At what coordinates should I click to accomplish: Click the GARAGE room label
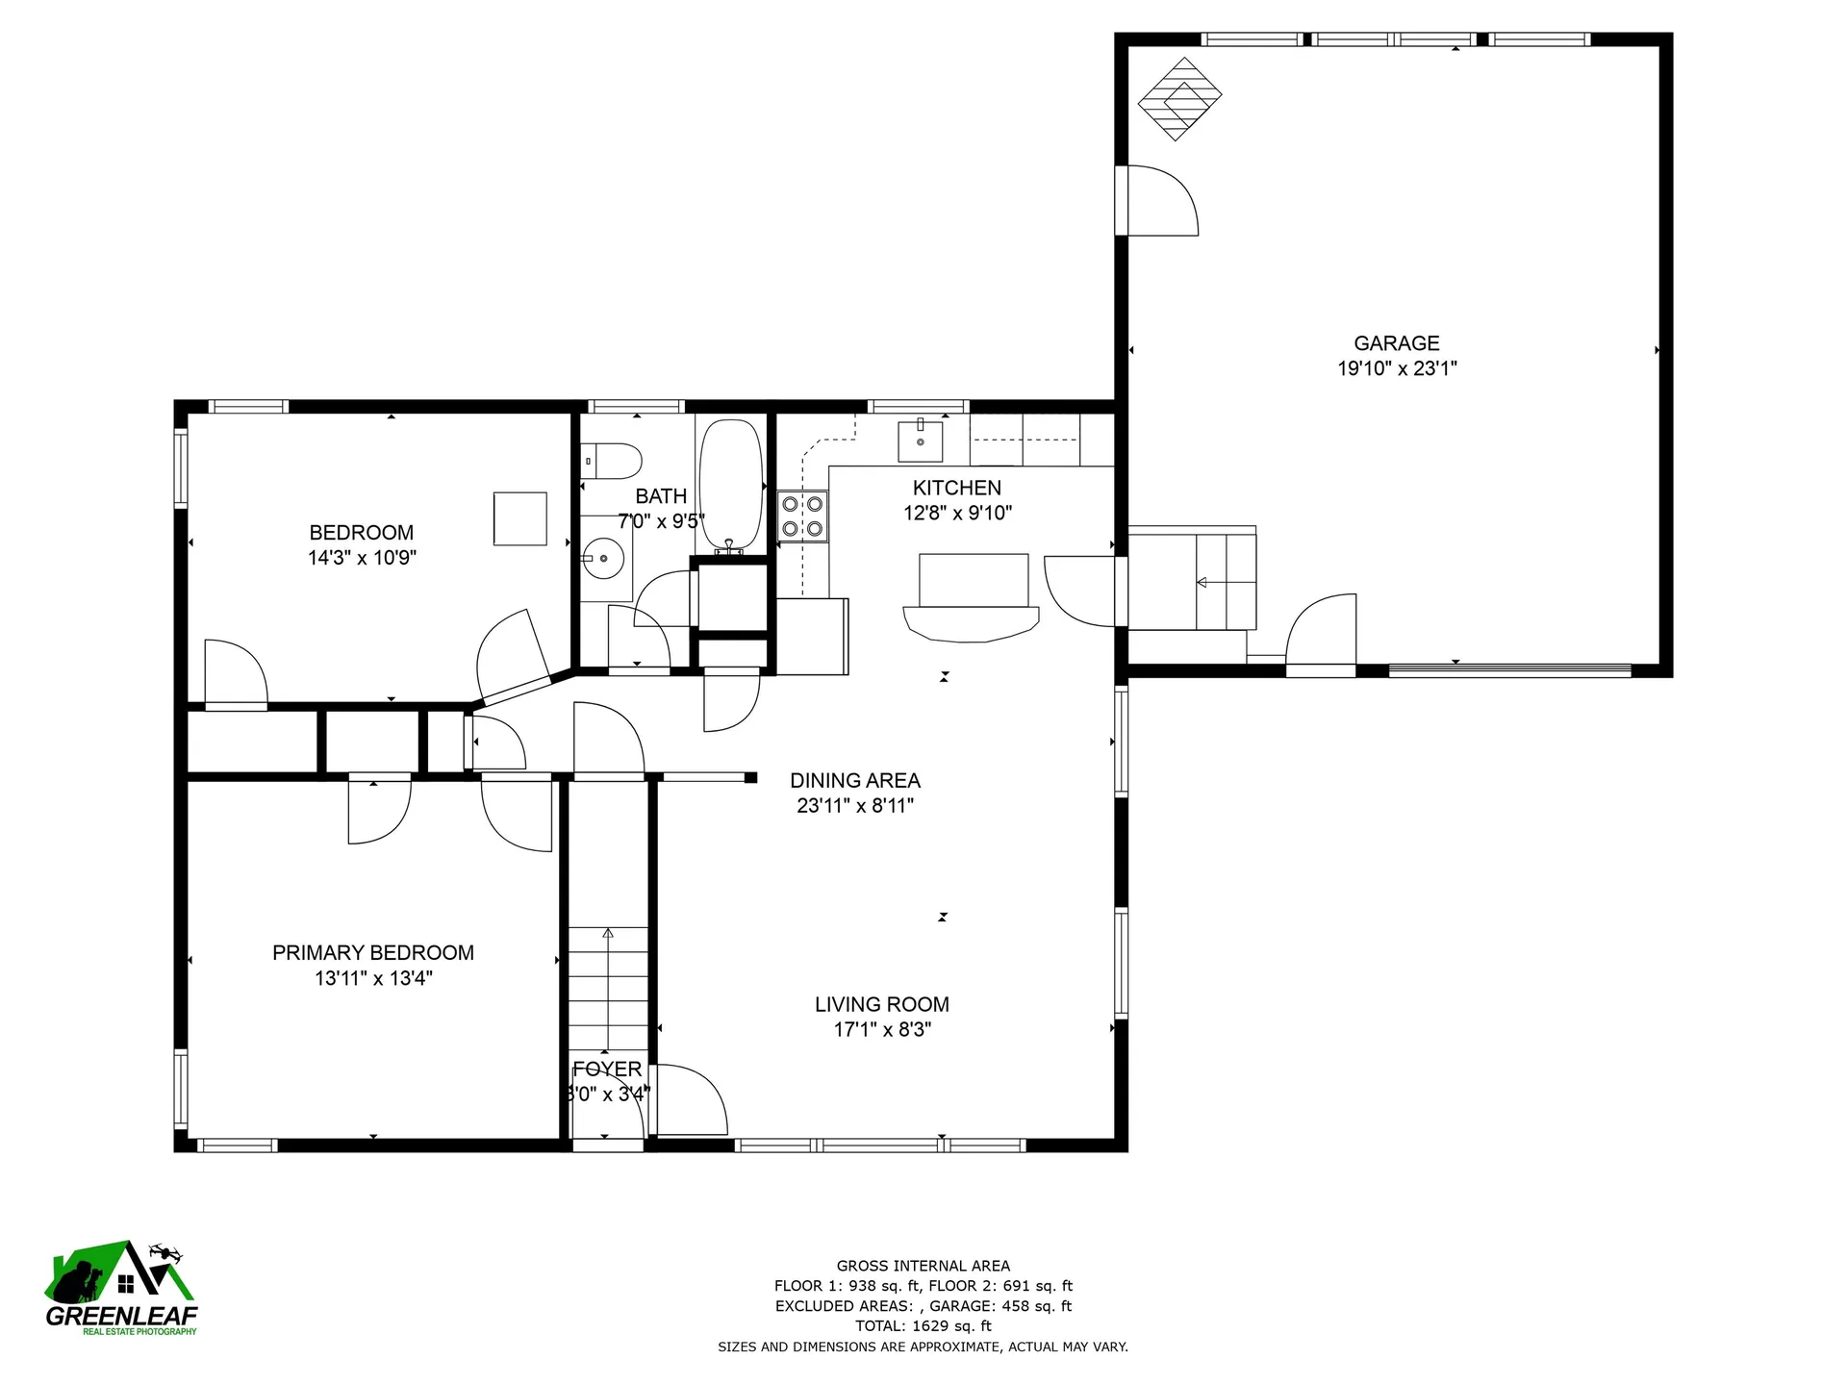coord(1397,343)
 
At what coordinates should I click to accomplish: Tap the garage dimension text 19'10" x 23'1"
coord(1397,368)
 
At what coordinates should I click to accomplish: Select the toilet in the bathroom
coord(612,461)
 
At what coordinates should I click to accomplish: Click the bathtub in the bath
coord(731,486)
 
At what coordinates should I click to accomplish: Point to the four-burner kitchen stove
coord(802,516)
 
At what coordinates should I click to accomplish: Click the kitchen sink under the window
coord(921,441)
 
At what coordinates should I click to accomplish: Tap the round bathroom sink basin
coord(604,558)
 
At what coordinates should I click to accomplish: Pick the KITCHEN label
coord(957,488)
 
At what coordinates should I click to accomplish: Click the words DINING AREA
coord(855,781)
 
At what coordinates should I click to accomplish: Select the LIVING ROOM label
coord(882,1005)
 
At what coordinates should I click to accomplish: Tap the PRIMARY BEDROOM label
coord(373,953)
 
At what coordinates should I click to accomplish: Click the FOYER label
coord(607,1070)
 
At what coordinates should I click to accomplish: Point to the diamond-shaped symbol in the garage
coord(1179,99)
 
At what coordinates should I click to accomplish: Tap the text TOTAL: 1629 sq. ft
coord(923,1326)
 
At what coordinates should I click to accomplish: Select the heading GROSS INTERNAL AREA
coord(923,1267)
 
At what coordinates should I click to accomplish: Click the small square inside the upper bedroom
coord(520,519)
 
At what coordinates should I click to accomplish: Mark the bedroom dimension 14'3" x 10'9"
coord(362,558)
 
